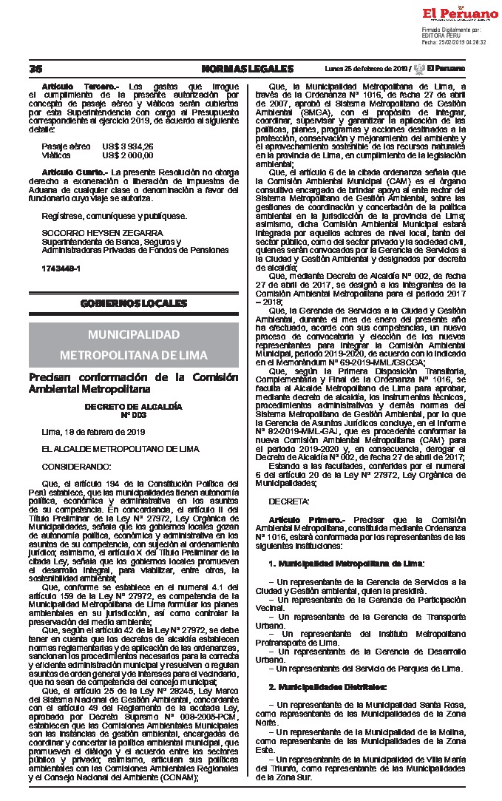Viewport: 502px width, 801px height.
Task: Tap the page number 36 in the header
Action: pos(35,69)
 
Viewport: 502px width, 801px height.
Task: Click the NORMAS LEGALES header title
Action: pos(247,69)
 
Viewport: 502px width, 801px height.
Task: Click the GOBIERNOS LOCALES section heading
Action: pos(133,304)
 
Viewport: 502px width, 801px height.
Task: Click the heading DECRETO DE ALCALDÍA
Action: pos(133,407)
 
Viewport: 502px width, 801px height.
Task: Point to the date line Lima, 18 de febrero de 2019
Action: pos(93,431)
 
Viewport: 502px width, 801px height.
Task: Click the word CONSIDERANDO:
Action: pos(76,467)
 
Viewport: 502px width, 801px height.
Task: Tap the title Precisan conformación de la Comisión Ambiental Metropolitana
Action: pos(133,382)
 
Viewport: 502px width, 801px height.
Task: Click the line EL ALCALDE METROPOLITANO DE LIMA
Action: pos(109,449)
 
